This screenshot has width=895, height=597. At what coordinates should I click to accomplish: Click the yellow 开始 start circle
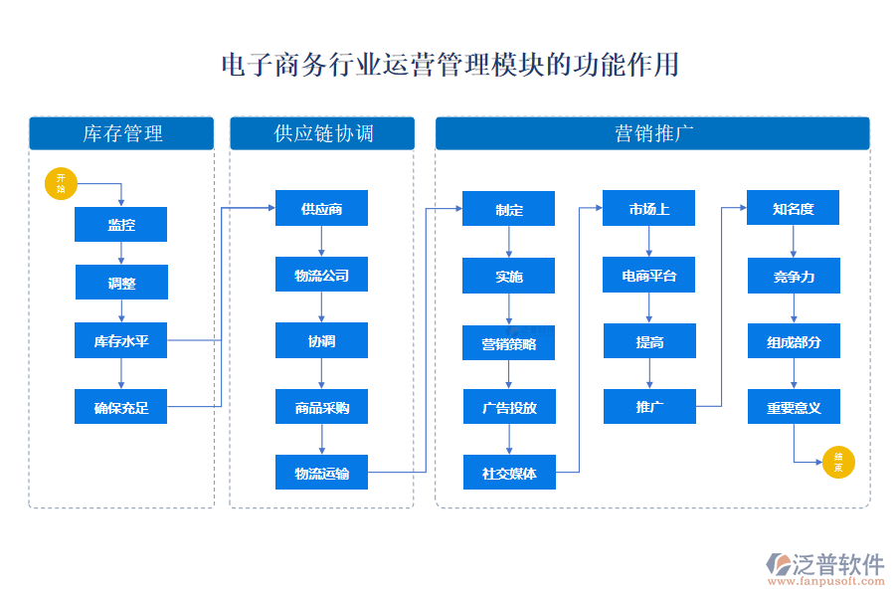61,184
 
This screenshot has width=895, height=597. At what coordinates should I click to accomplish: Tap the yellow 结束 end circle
838,462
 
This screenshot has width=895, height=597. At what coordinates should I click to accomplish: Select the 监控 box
120,225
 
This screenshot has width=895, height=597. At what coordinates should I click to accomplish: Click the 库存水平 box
120,340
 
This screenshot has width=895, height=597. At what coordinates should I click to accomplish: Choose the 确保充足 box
120,407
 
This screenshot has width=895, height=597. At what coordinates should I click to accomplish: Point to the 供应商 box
321,208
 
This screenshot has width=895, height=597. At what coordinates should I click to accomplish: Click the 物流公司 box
321,275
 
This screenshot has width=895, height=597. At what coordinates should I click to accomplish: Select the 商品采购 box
321,407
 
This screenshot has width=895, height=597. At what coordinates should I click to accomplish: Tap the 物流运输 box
321,473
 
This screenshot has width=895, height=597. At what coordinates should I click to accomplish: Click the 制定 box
508,209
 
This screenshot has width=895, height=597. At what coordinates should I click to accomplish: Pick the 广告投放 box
508,407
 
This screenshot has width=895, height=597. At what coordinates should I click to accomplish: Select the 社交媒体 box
508,473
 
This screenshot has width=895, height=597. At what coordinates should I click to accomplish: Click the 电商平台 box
649,275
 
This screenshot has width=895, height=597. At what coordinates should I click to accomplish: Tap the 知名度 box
793,208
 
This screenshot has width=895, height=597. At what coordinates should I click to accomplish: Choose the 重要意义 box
793,407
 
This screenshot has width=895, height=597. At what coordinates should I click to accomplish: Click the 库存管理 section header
121,133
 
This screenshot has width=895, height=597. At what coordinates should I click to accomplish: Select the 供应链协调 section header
322,133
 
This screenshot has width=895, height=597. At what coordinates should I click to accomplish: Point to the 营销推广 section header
652,133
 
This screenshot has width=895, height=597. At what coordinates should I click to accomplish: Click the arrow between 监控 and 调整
121,253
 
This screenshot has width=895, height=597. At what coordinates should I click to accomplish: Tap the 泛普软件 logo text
837,564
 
